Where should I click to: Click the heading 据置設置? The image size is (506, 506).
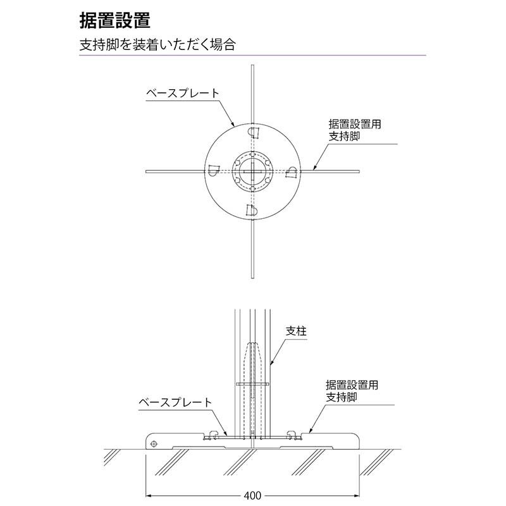[115, 20]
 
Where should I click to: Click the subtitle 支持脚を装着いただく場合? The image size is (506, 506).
[157, 44]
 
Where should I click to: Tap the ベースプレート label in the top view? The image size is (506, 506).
[183, 93]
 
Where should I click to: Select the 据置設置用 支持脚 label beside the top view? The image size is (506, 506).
[355, 130]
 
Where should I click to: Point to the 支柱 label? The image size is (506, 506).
[296, 331]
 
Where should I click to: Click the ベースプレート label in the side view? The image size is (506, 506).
[175, 402]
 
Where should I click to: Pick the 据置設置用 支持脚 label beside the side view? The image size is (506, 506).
[352, 391]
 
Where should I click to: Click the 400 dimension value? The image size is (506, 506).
[252, 495]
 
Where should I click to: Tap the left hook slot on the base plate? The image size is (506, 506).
[213, 170]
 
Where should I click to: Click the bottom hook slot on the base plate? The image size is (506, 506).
[251, 210]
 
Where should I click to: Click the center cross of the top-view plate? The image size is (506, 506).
[252, 171]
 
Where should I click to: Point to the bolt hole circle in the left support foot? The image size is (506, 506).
[154, 444]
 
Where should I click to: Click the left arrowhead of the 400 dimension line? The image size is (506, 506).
[150, 495]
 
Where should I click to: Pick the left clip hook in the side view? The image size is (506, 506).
[213, 434]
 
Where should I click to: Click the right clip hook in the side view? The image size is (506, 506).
[292, 434]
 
